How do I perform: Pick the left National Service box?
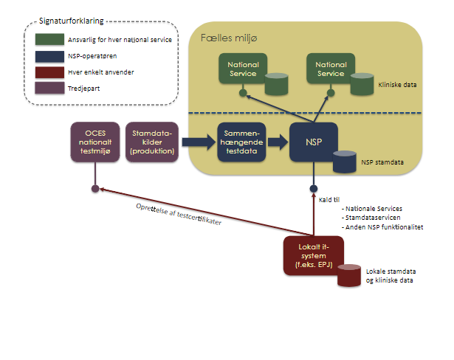243,69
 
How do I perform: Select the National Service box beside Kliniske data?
331,69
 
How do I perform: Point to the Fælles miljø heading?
227,36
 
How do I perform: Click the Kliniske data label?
397,85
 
